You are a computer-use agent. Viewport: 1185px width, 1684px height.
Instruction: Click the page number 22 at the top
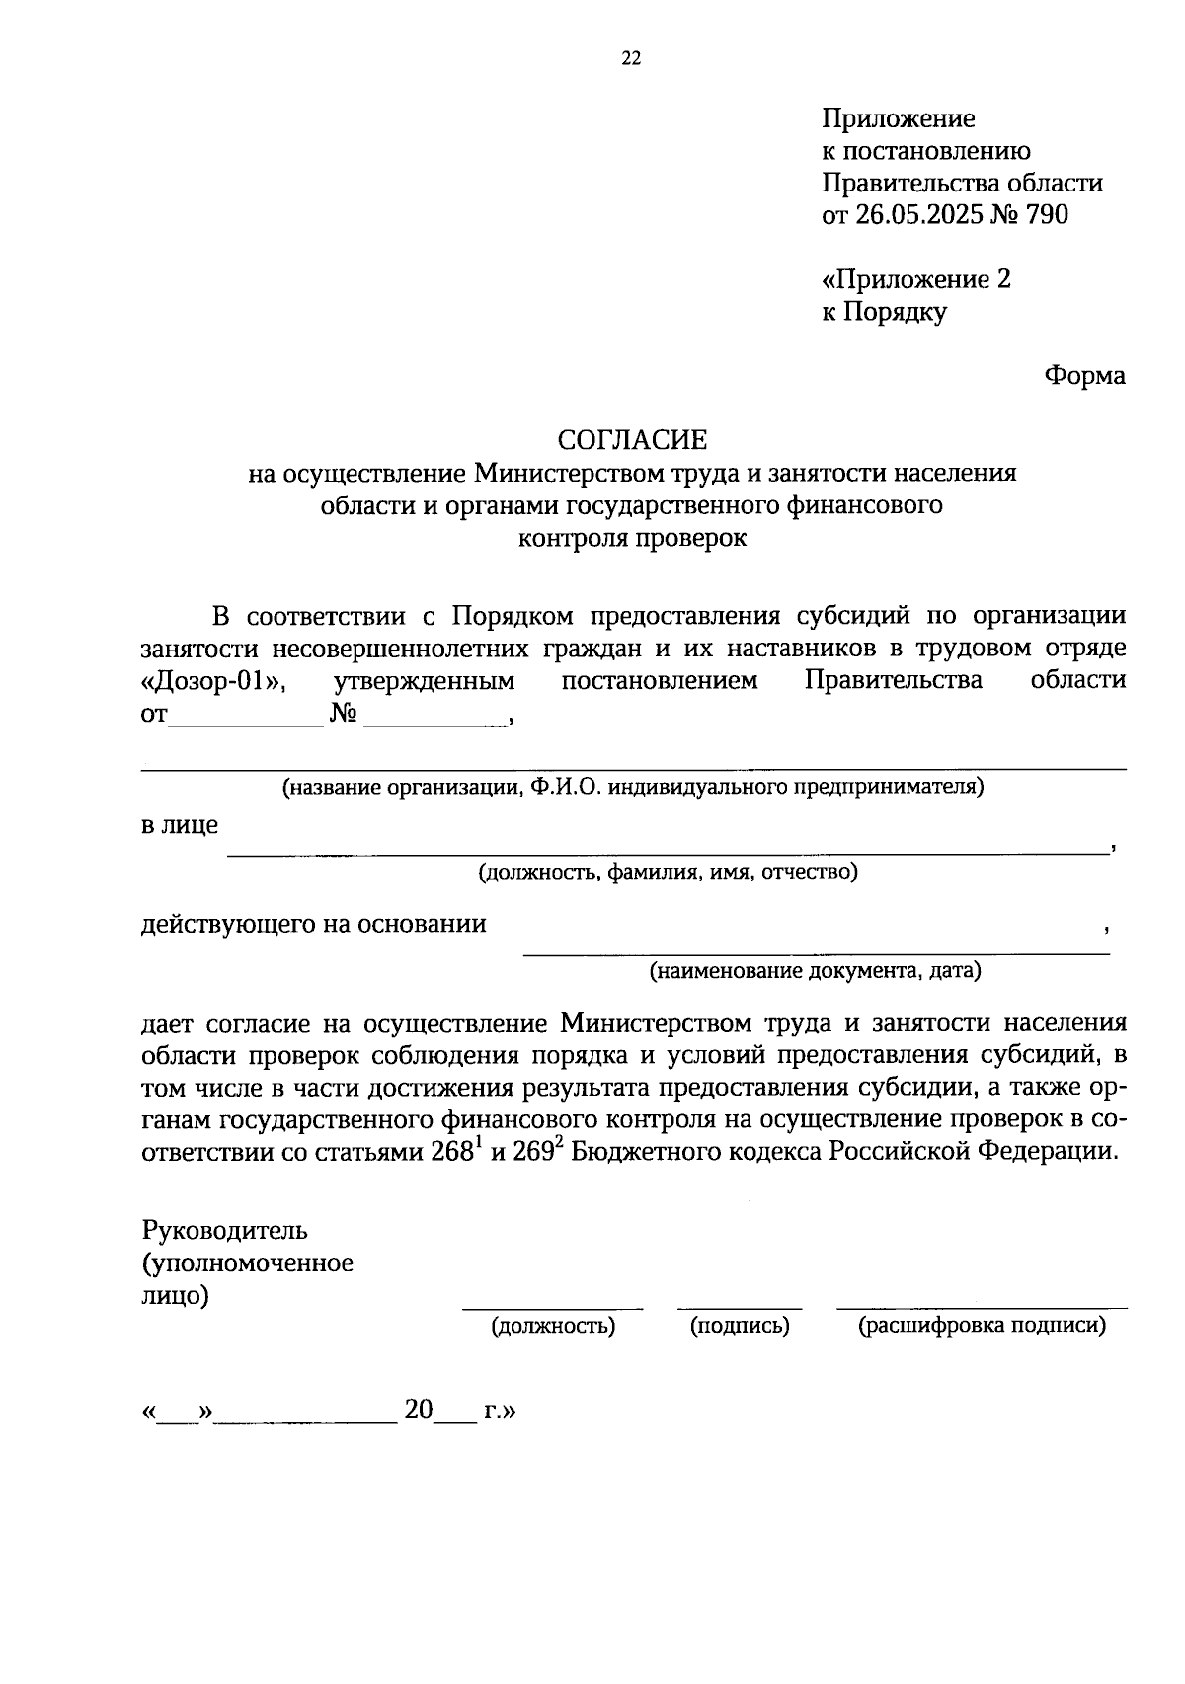click(x=631, y=59)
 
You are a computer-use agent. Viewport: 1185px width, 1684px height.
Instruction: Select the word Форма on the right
click(x=1084, y=376)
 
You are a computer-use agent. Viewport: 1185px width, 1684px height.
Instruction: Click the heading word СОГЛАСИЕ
click(x=632, y=439)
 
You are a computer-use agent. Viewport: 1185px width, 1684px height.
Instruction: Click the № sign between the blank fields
click(x=344, y=714)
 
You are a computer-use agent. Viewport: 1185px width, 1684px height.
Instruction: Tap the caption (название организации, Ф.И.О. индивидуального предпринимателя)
click(x=632, y=787)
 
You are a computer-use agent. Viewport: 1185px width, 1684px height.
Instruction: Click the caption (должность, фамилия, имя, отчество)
click(x=668, y=872)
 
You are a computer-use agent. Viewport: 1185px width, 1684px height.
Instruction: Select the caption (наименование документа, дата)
click(x=815, y=970)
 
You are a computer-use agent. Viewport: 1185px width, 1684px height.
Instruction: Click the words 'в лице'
click(x=180, y=825)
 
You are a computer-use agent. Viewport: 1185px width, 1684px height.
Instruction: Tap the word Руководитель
click(x=225, y=1231)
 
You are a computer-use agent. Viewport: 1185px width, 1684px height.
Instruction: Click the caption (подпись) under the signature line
click(x=740, y=1326)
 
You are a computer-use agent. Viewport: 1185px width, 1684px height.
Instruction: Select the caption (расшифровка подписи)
click(x=982, y=1326)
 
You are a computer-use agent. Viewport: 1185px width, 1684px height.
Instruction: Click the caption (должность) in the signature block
click(x=553, y=1326)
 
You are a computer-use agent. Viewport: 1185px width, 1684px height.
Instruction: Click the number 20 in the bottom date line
click(x=419, y=1411)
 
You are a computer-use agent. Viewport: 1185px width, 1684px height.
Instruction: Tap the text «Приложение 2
click(x=915, y=279)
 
